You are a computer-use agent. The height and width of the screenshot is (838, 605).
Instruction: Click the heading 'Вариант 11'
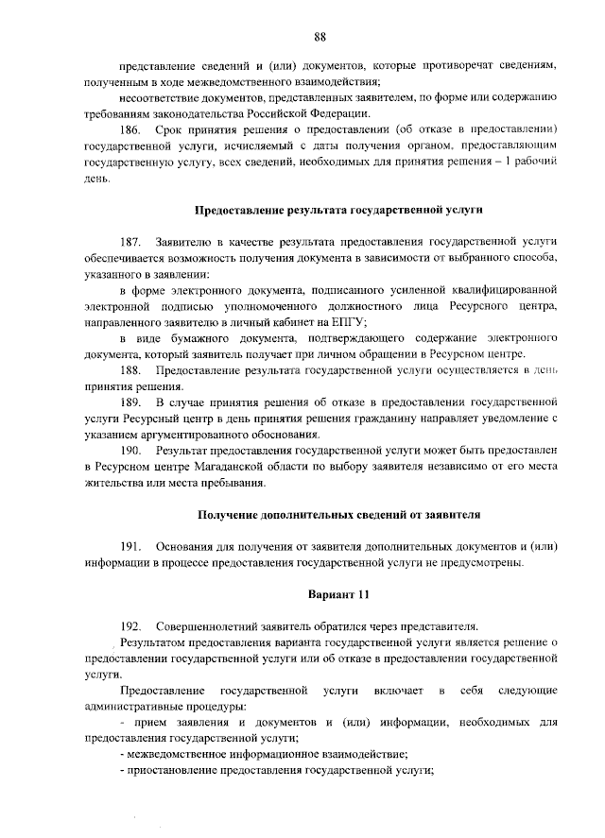pos(333,595)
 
